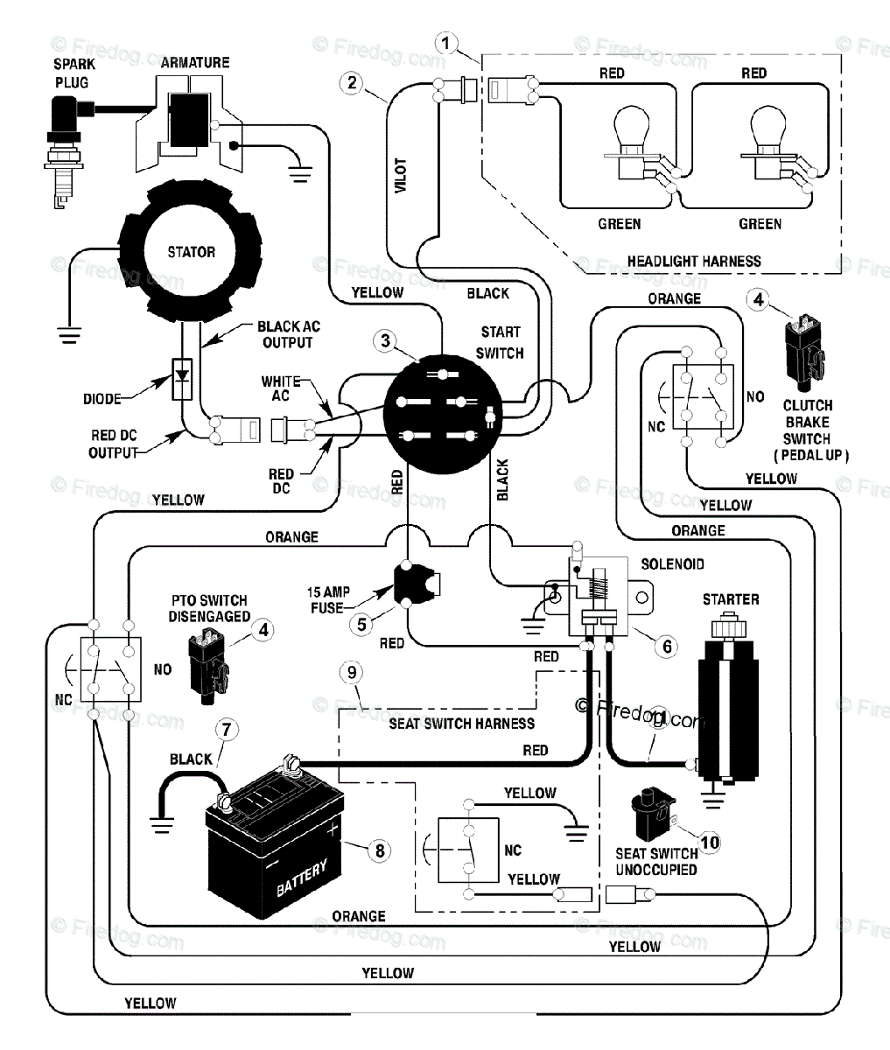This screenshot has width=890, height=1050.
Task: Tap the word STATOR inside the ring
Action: click(x=192, y=252)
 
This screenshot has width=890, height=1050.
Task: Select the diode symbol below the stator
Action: click(x=182, y=379)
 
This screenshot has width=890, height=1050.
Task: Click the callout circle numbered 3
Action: click(x=386, y=340)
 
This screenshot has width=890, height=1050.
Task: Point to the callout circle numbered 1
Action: click(x=446, y=44)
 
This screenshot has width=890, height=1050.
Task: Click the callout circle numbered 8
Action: click(x=380, y=850)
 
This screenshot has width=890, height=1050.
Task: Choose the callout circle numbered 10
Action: click(x=710, y=843)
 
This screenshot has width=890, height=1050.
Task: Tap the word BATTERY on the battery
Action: click(x=302, y=878)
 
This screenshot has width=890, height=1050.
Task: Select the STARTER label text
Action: click(x=731, y=599)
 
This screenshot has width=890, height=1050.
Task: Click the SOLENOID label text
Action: click(x=673, y=564)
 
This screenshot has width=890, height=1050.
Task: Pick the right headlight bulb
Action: click(x=768, y=143)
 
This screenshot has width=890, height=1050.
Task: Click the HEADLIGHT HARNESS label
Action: click(x=694, y=261)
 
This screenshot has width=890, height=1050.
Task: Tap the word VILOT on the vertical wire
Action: click(x=401, y=175)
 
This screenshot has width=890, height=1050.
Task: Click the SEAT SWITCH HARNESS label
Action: click(x=462, y=724)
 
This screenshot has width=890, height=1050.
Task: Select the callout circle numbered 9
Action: click(x=352, y=673)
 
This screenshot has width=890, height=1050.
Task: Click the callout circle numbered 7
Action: click(x=227, y=730)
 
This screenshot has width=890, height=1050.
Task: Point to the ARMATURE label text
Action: click(x=195, y=62)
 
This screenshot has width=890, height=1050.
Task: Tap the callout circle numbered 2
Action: click(x=352, y=83)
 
